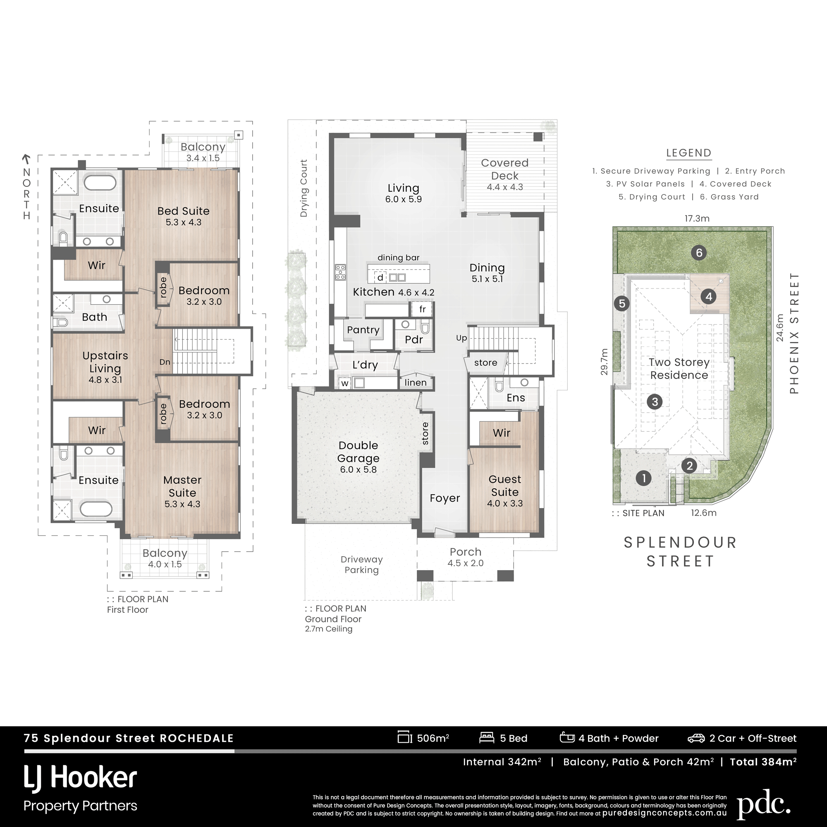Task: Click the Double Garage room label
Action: pos(358,452)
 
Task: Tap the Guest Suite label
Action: pos(504,485)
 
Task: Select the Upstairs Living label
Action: pos(105,362)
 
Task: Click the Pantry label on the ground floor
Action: pos(363,330)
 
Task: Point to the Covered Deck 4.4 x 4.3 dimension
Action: pos(504,187)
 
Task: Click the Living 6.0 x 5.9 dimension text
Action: pos(403,199)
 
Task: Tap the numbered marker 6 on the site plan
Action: pos(699,253)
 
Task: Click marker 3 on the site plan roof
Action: pos(655,402)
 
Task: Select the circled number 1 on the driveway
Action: pos(644,478)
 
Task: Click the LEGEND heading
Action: pos(689,153)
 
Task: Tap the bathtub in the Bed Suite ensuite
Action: pos(100,182)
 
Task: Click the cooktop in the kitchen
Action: pos(340,272)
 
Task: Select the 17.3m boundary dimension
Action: pos(697,218)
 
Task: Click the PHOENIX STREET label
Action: pos(794,333)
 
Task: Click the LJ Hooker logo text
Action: pos(81,778)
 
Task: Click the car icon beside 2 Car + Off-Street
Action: pos(696,738)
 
